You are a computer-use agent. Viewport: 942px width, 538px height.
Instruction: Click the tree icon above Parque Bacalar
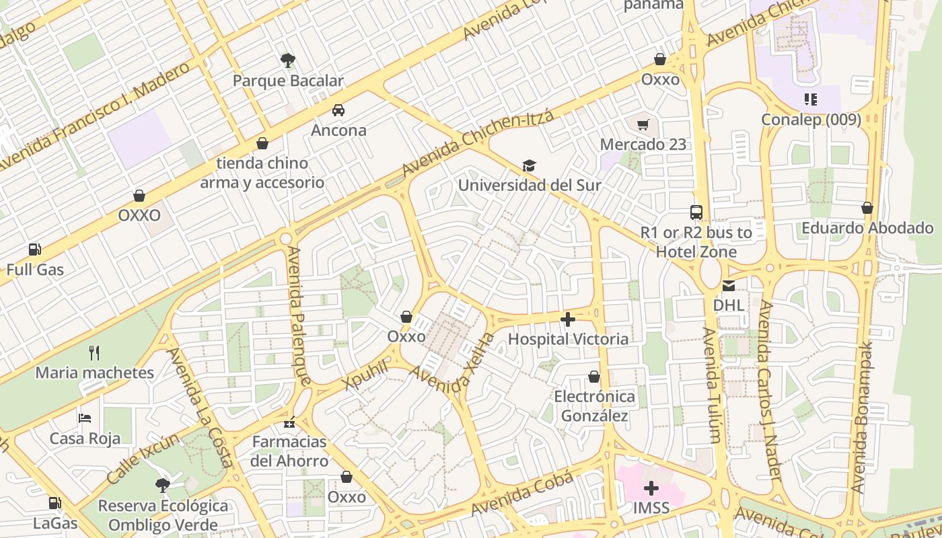(x=288, y=61)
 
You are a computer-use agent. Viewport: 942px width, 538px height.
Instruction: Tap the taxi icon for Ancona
(x=338, y=110)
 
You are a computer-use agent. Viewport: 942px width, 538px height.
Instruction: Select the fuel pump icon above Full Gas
(x=34, y=250)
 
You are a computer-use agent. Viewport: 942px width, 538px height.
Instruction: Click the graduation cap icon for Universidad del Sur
(x=529, y=165)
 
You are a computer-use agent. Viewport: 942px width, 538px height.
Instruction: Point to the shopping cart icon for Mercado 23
(x=643, y=124)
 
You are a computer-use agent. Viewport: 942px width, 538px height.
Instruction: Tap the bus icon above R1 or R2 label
(x=696, y=213)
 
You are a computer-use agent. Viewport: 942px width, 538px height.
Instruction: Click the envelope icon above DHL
(x=728, y=286)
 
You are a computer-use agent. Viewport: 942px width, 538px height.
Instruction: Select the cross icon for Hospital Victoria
(x=568, y=319)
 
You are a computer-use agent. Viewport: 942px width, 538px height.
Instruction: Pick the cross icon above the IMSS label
(x=651, y=488)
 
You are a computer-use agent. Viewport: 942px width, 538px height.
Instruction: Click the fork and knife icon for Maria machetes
(x=94, y=352)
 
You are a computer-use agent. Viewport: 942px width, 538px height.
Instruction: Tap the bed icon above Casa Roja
(x=85, y=418)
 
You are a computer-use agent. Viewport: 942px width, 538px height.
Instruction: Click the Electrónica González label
(x=594, y=406)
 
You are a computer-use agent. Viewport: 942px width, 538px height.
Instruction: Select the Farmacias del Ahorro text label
(x=289, y=451)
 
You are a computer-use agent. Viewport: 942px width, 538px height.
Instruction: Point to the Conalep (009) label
(x=811, y=120)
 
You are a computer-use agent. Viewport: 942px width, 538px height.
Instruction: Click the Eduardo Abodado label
(x=867, y=228)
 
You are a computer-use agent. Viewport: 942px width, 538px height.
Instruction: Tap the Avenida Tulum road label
(x=712, y=385)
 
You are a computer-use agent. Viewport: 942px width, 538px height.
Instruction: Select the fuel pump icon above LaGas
(x=55, y=503)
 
